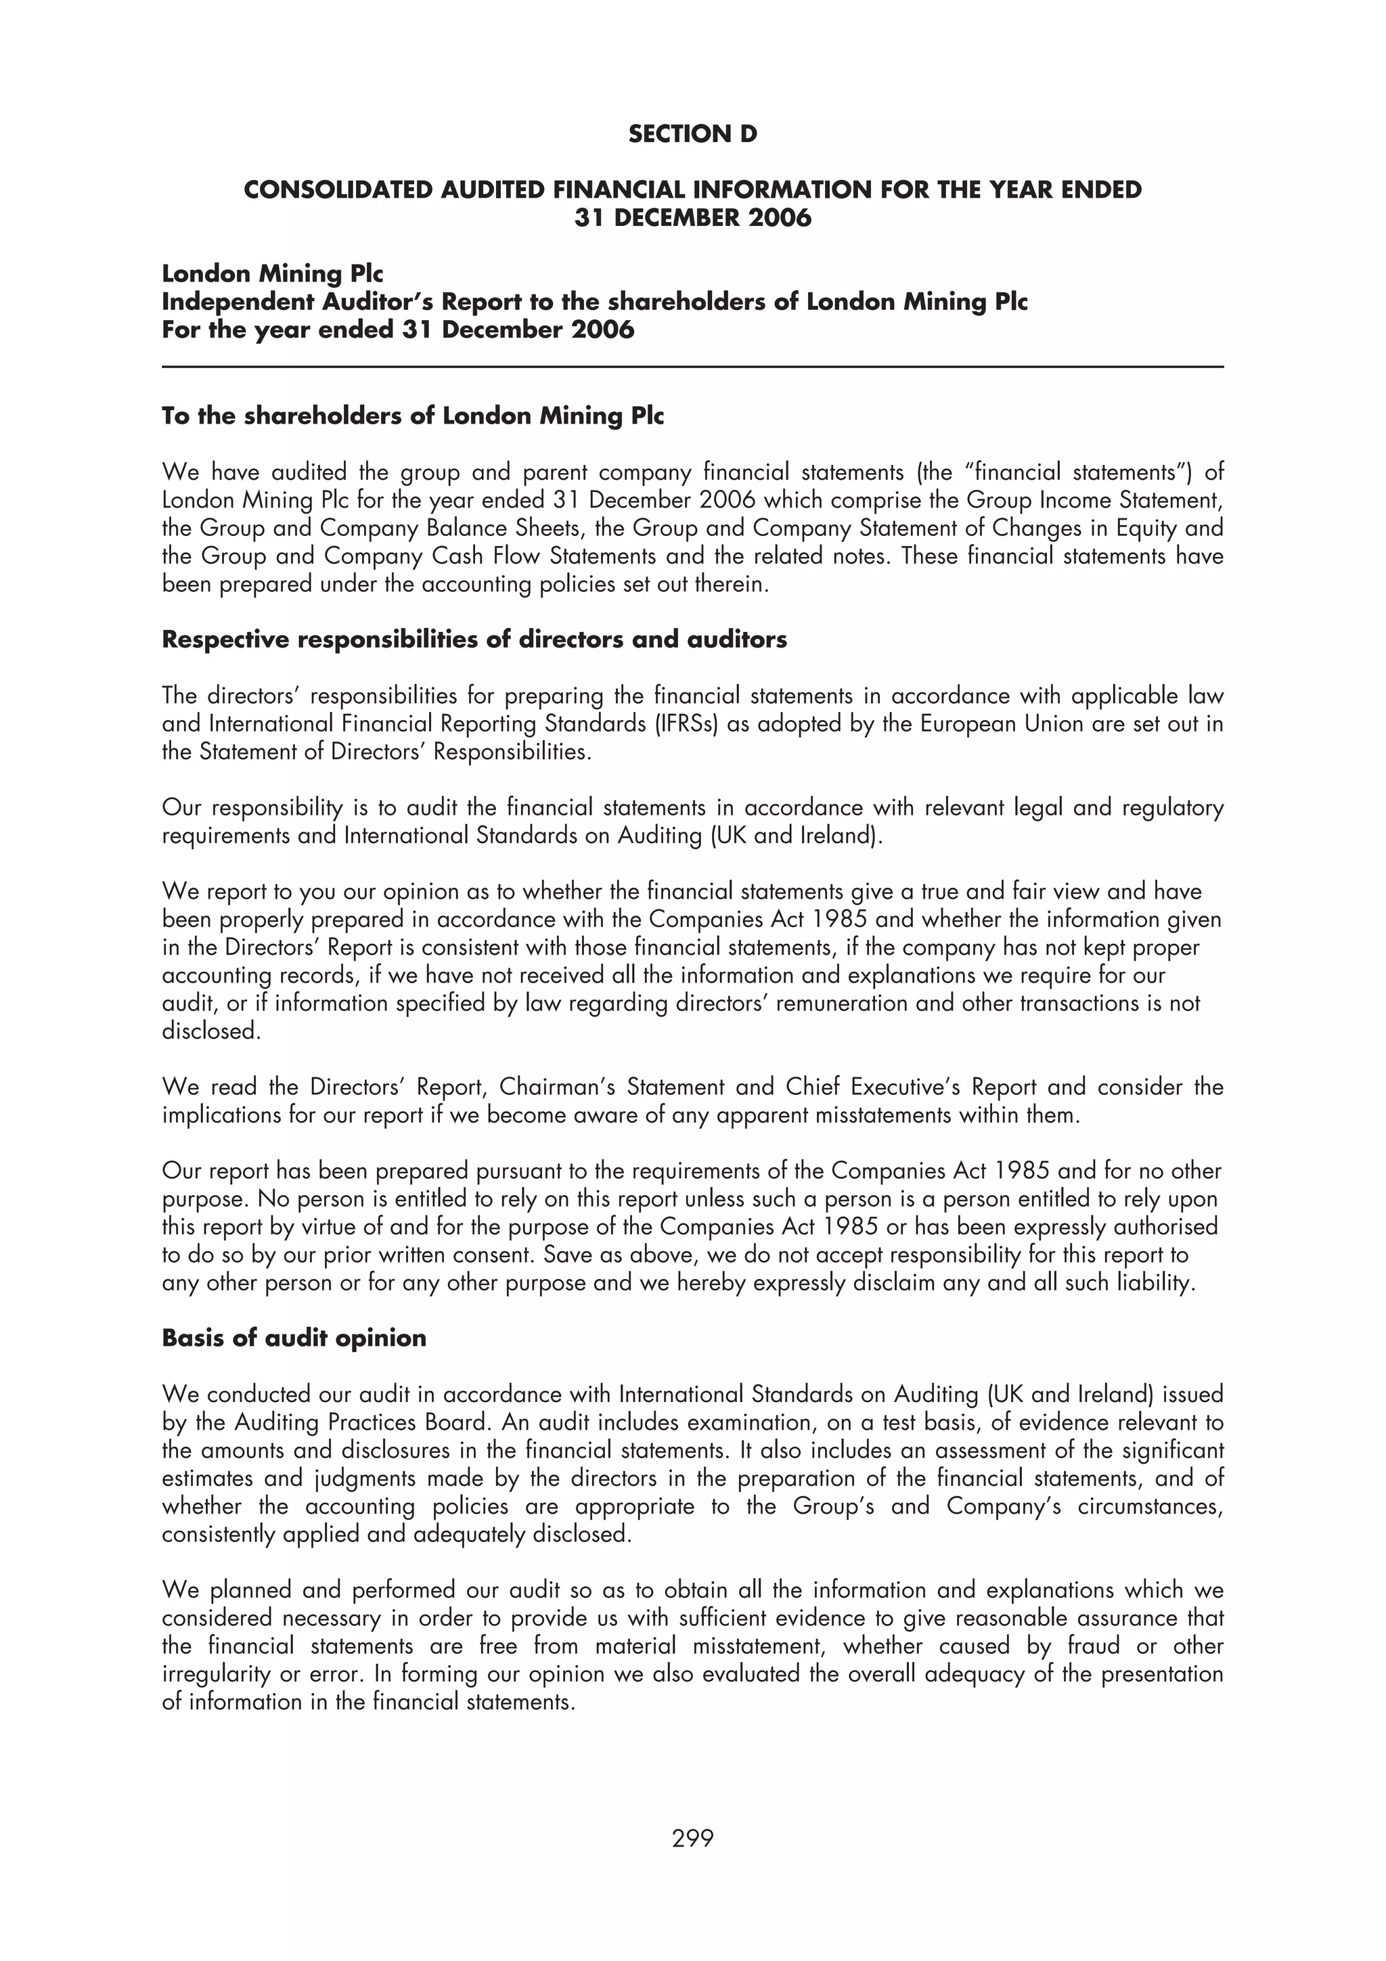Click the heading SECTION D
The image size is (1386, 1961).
coord(692,134)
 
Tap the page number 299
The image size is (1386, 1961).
coord(692,1838)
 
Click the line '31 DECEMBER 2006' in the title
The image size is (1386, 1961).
coord(692,218)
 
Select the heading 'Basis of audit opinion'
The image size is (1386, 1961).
coord(294,1338)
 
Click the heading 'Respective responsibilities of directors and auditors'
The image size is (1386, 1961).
coord(474,639)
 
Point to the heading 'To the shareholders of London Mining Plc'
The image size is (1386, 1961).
coord(412,416)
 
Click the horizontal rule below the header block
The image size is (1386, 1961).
coord(692,367)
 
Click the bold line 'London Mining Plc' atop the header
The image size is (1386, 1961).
coord(273,274)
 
